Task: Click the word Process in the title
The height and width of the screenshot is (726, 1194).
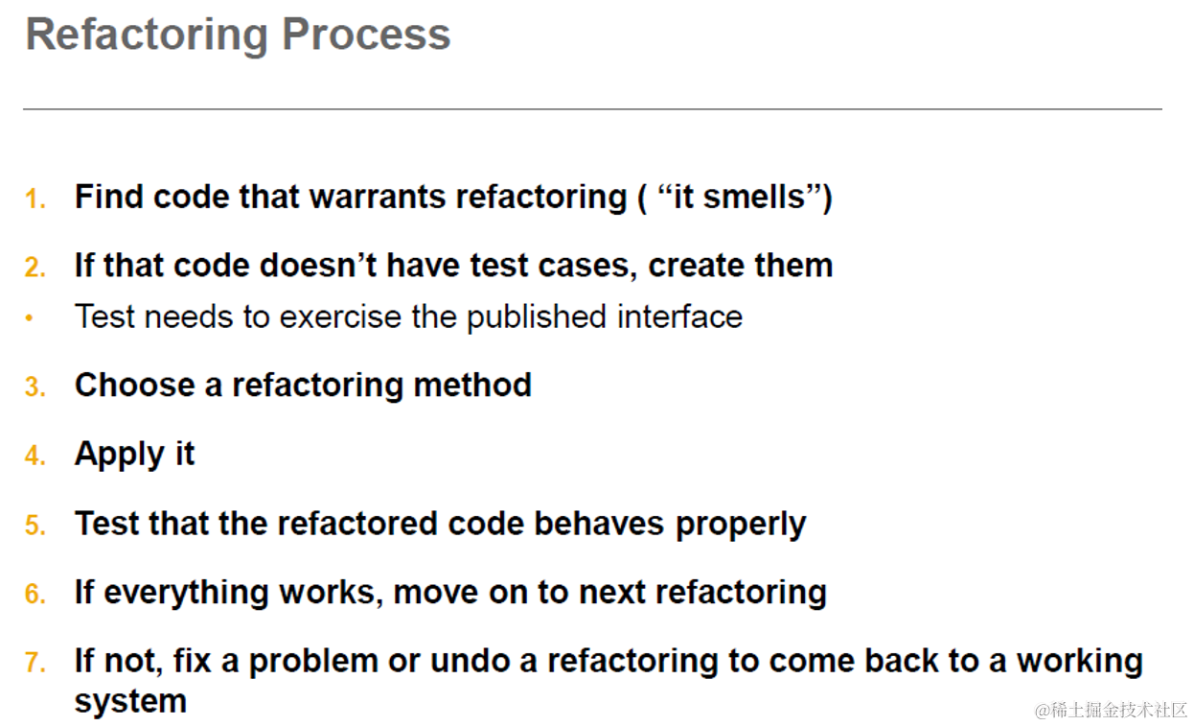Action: pyautogui.click(x=366, y=35)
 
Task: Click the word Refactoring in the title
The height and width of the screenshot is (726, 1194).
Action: pyautogui.click(x=147, y=36)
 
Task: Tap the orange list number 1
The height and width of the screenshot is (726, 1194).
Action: pyautogui.click(x=34, y=199)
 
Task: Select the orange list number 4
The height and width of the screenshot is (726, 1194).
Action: pyautogui.click(x=34, y=456)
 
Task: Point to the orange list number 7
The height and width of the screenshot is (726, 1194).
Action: pyautogui.click(x=34, y=663)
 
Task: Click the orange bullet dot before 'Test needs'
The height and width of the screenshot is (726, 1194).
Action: pyautogui.click(x=30, y=318)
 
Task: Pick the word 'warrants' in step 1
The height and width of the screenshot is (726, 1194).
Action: pyautogui.click(x=378, y=197)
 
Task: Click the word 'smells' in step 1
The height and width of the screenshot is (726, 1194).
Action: pyautogui.click(x=754, y=197)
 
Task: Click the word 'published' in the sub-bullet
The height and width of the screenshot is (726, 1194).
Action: pyautogui.click(x=537, y=317)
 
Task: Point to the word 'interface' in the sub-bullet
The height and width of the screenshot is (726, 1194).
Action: pyautogui.click(x=679, y=316)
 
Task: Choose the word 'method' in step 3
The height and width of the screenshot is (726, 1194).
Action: pyautogui.click(x=472, y=385)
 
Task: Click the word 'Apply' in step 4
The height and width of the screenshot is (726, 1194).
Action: pyautogui.click(x=120, y=455)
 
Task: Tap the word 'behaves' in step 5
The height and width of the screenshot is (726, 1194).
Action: pyautogui.click(x=599, y=523)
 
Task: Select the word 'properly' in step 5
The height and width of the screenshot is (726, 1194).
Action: pyautogui.click(x=741, y=525)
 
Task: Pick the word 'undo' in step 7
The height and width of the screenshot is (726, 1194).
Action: pyautogui.click(x=470, y=661)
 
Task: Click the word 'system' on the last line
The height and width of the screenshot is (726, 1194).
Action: pyautogui.click(x=130, y=701)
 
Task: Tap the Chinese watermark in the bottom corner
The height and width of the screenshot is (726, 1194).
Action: pyautogui.click(x=1111, y=710)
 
